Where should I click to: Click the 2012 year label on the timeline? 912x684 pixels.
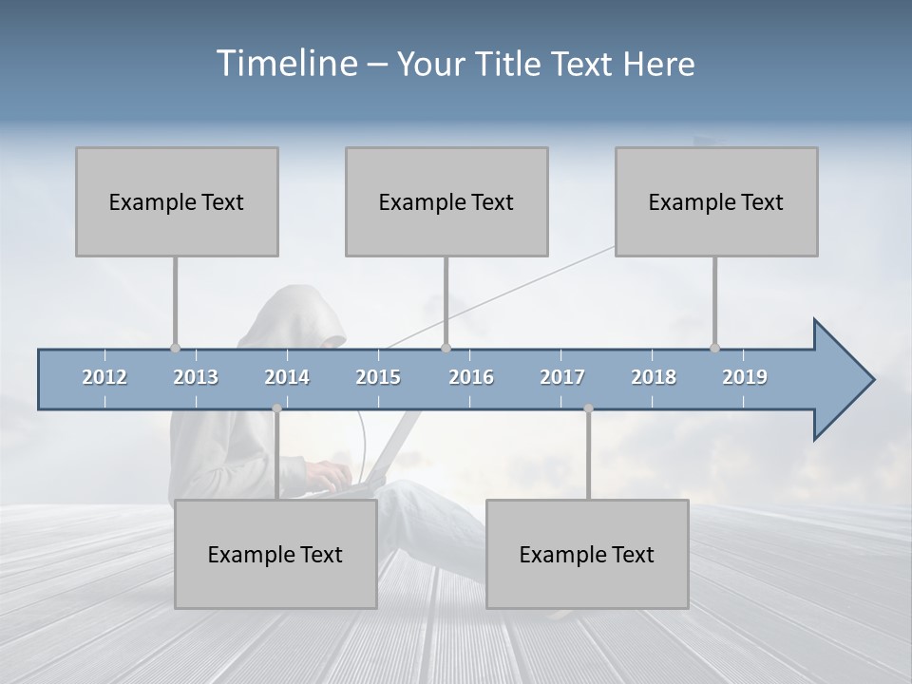point(104,377)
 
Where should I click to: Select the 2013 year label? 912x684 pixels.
point(196,377)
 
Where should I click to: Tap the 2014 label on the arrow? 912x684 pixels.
point(287,377)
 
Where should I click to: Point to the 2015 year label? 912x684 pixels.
point(378,377)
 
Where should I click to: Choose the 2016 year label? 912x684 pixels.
point(471,377)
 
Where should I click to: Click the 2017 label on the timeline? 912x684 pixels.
point(562,377)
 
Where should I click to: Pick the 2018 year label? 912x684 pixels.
point(654,377)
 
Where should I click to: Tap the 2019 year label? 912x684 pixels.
point(745,377)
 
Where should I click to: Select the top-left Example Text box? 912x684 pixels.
point(177,201)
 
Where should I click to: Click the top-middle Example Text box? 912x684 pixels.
point(446,201)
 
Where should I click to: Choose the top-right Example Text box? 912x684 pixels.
point(716,201)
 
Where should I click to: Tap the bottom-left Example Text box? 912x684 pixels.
point(275,554)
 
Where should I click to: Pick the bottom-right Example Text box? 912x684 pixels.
point(587,554)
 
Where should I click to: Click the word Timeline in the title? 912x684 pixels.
point(285,64)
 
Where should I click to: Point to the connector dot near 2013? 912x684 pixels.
point(175,348)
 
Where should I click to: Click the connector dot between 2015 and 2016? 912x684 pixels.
point(446,348)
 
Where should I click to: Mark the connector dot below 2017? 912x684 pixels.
point(588,408)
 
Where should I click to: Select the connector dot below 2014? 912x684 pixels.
point(276,408)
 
